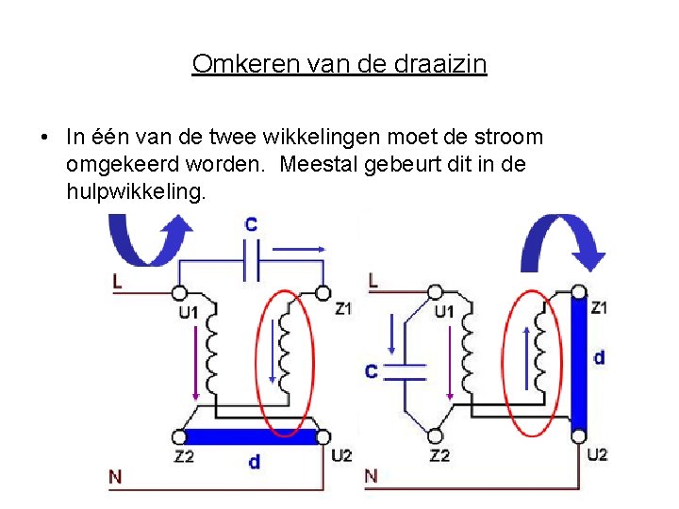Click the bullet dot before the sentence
tap(45, 138)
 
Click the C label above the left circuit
tap(251, 225)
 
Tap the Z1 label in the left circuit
tap(343, 308)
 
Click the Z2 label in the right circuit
tap(439, 456)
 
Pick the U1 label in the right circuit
tap(443, 311)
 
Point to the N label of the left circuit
tap(115, 477)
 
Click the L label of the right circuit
tap(373, 280)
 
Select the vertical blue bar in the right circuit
tap(579, 363)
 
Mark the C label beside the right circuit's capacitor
tap(371, 371)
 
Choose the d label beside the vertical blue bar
tap(599, 357)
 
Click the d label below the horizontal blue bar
tap(255, 462)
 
